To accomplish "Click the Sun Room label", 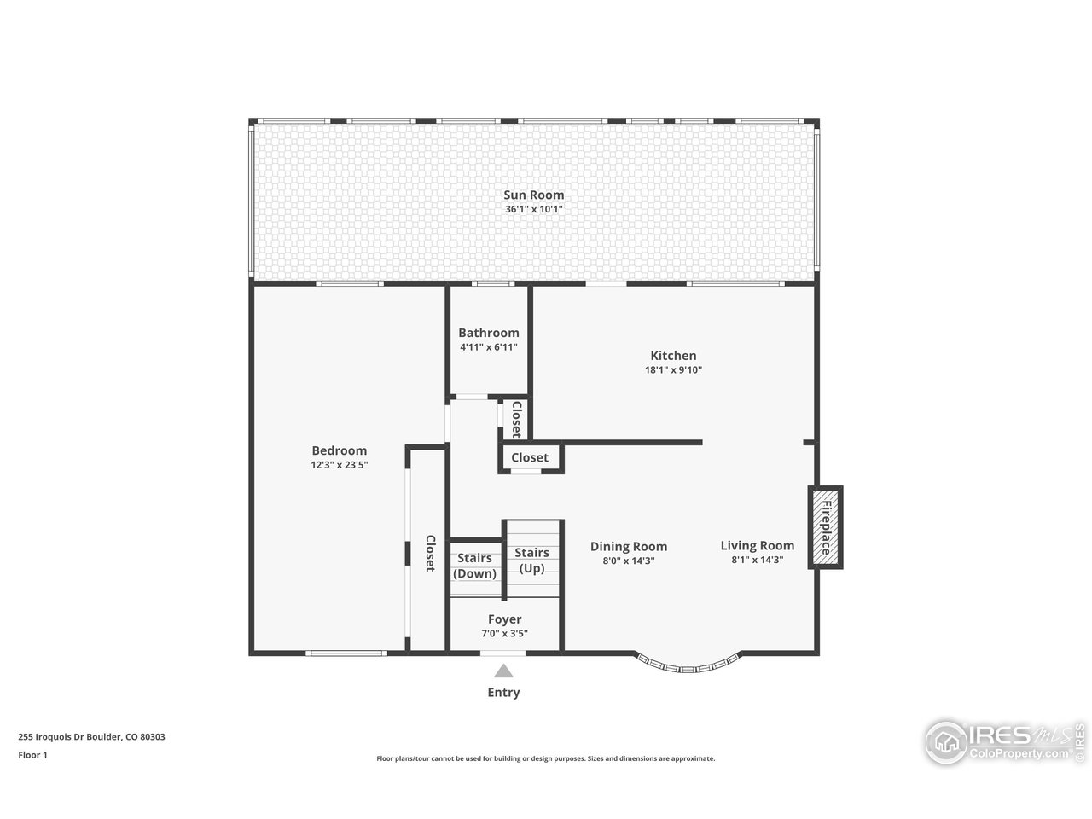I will tap(533, 195).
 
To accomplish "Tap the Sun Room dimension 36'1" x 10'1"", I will tap(533, 209).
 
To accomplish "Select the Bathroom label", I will tap(488, 333).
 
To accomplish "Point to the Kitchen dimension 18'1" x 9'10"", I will tap(673, 370).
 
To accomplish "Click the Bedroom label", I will tap(339, 450).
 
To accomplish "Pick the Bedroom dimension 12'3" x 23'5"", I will tap(339, 465).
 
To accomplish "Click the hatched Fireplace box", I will tap(825, 527).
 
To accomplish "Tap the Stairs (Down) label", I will tap(474, 566).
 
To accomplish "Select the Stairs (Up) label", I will tap(531, 561).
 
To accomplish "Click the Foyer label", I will tap(504, 619).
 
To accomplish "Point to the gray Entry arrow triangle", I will tap(504, 671).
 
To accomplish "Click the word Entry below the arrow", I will tap(503, 693).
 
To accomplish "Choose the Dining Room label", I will tap(629, 547).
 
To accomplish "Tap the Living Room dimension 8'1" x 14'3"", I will tap(757, 561).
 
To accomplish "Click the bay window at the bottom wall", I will tap(687, 666).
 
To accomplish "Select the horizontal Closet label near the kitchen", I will tap(530, 458).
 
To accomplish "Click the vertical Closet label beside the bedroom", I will tap(431, 554).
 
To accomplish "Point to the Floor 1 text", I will tap(32, 755).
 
